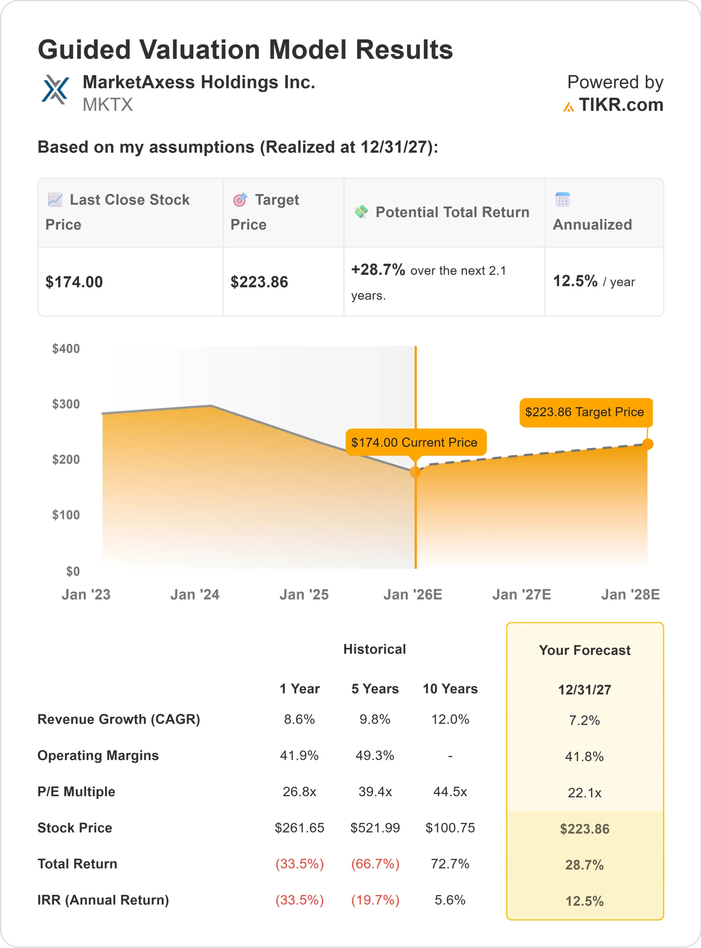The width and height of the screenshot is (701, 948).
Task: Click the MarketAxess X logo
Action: click(x=55, y=90)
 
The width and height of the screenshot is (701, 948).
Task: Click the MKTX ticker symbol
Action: click(x=108, y=104)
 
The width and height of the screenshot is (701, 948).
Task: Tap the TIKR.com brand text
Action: click(x=621, y=104)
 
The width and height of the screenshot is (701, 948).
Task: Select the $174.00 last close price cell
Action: click(x=74, y=282)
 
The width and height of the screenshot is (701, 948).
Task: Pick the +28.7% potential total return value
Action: click(x=378, y=269)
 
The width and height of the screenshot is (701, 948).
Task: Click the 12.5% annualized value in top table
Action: click(x=575, y=281)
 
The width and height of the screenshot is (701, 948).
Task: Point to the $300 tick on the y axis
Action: click(x=66, y=404)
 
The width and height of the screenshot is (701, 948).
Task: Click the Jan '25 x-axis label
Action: click(x=304, y=594)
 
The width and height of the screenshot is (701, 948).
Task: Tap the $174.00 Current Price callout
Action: click(x=415, y=442)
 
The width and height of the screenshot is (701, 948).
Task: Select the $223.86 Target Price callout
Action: click(x=585, y=412)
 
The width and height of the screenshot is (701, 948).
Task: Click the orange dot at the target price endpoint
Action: click(x=647, y=444)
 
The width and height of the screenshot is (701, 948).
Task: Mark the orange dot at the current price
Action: click(x=415, y=472)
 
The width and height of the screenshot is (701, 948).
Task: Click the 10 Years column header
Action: click(x=450, y=688)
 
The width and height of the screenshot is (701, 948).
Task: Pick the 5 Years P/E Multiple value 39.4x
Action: click(x=375, y=792)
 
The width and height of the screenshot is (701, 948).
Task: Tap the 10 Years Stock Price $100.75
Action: click(x=450, y=828)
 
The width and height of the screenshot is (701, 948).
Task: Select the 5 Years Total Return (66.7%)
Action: click(x=375, y=864)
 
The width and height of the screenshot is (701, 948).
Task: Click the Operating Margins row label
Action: click(x=98, y=755)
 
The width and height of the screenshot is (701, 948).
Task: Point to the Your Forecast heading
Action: click(x=584, y=650)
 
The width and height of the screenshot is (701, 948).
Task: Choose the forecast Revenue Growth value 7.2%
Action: click(x=584, y=720)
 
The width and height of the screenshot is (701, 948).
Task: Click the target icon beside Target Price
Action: click(x=240, y=200)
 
